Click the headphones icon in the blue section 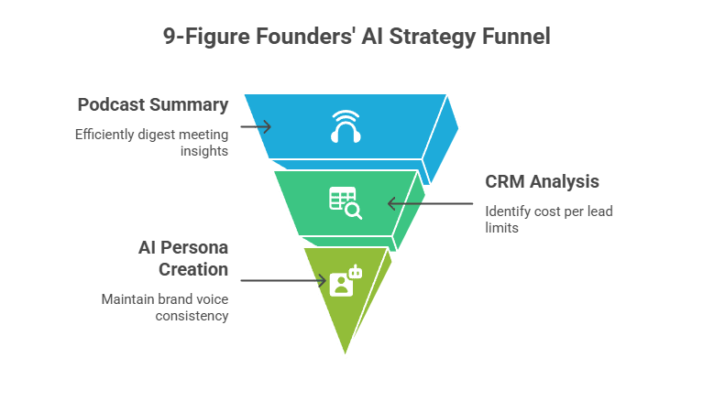click(x=346, y=126)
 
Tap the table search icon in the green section click(x=345, y=202)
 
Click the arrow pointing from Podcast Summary click(x=256, y=125)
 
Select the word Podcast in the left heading click(x=109, y=104)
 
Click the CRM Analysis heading click(x=542, y=181)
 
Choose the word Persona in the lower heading click(x=196, y=249)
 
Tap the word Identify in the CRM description click(x=506, y=211)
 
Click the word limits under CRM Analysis click(x=501, y=227)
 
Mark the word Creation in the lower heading click(x=192, y=269)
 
